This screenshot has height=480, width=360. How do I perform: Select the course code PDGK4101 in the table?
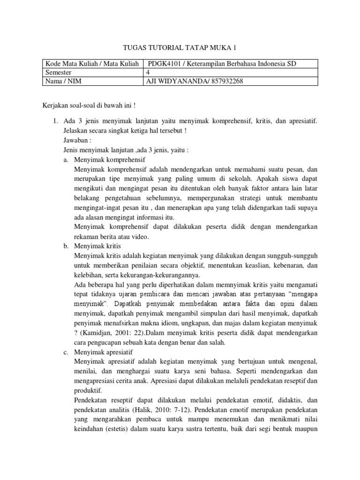click(x=164, y=64)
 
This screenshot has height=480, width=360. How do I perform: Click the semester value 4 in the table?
click(x=150, y=73)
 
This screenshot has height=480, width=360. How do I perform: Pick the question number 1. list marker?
click(x=55, y=121)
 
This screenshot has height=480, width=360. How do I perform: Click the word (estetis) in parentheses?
click(x=119, y=429)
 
